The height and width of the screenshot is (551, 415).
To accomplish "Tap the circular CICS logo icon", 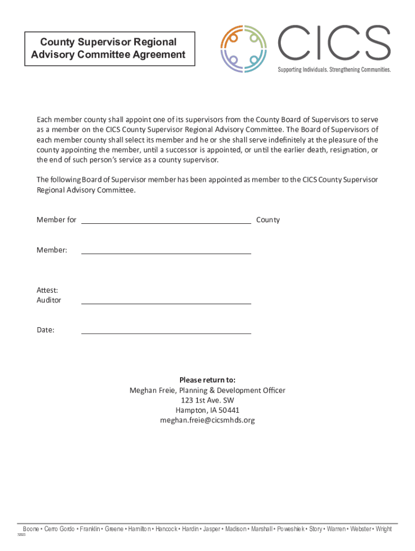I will (244, 48).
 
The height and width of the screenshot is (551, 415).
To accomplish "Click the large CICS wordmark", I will (334, 43).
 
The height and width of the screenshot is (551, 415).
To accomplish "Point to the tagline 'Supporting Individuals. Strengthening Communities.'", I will (334, 70).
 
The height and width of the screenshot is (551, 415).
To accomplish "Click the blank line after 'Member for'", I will (166, 220).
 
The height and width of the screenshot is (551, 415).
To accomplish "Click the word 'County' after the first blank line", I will (268, 220).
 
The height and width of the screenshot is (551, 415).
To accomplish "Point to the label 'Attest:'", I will (47, 291).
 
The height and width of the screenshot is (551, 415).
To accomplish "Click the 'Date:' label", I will (45, 330).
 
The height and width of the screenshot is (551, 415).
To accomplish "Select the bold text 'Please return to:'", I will (207, 380).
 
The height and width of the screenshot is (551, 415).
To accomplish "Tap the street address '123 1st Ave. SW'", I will (207, 400).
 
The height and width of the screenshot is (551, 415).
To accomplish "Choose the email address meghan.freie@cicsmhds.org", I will (207, 420).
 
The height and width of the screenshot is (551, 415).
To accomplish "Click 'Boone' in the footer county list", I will (31, 529).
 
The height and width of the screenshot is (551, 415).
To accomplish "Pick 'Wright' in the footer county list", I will (384, 529).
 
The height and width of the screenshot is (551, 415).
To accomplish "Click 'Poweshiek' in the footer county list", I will (291, 529).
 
